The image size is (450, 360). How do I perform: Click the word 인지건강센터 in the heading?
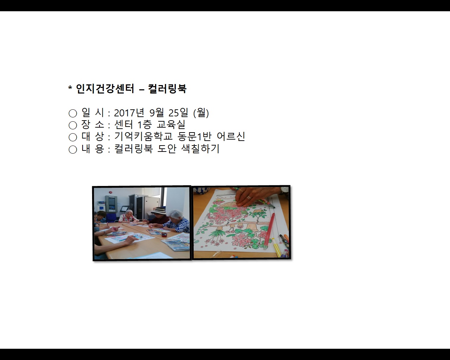[x=105, y=89]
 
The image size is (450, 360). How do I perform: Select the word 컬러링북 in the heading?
[x=167, y=89]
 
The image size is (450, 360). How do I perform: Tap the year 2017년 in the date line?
[x=129, y=113]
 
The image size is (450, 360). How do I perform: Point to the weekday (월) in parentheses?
[x=201, y=113]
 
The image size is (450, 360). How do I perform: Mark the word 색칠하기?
[x=200, y=149]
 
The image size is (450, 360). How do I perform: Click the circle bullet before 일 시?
[x=73, y=113]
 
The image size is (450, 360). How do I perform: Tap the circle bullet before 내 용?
[x=73, y=149]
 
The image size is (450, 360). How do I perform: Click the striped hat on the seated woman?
[x=160, y=211]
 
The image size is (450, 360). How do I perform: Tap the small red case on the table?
[x=164, y=234]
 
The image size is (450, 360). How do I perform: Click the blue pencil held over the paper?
[x=129, y=239]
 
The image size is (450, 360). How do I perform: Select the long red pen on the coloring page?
[x=269, y=230]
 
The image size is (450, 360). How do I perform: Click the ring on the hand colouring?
[x=249, y=198]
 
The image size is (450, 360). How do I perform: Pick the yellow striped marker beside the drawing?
[x=277, y=248]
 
